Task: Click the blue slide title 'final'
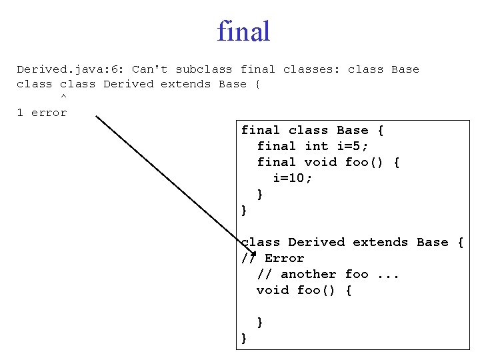tap(243, 31)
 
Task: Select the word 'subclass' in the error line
tap(204, 69)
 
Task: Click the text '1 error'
tap(42, 113)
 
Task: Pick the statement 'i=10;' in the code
tap(293, 178)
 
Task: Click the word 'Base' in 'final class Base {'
tap(352, 130)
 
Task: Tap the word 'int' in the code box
tap(316, 146)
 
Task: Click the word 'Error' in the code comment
tap(285, 258)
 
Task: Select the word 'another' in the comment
tap(308, 274)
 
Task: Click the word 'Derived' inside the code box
tap(316, 242)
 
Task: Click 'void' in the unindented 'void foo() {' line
tap(273, 290)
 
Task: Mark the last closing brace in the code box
tap(244, 338)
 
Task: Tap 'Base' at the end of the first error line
tap(405, 69)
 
